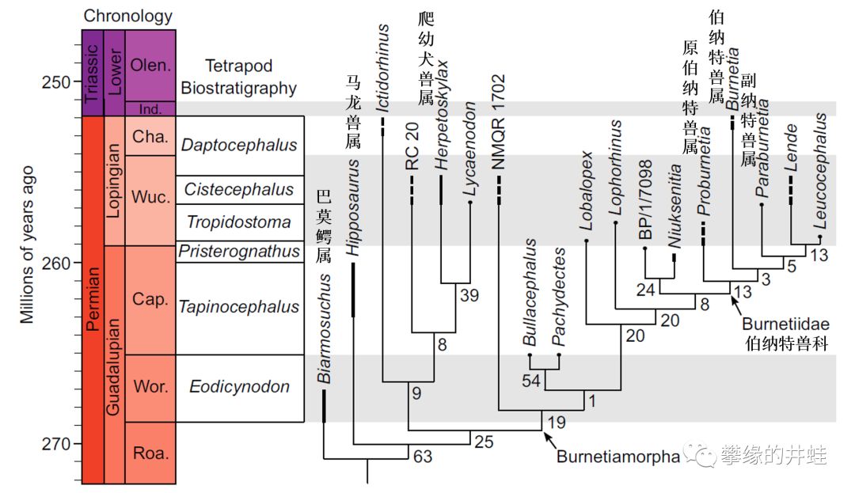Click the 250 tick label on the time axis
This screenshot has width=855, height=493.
(x=55, y=82)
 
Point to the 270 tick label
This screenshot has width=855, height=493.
(x=55, y=442)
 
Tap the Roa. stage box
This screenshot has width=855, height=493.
(x=150, y=453)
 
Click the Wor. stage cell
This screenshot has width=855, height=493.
(x=150, y=387)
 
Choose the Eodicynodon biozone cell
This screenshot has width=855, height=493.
(x=239, y=387)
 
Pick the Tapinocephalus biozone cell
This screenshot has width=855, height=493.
(x=239, y=307)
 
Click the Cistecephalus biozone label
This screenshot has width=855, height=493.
(x=239, y=188)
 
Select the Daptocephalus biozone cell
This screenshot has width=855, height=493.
(x=239, y=145)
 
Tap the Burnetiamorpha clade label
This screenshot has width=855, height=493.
(x=618, y=457)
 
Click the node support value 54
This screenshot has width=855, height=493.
(x=532, y=381)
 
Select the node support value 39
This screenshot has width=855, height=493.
(x=469, y=295)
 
